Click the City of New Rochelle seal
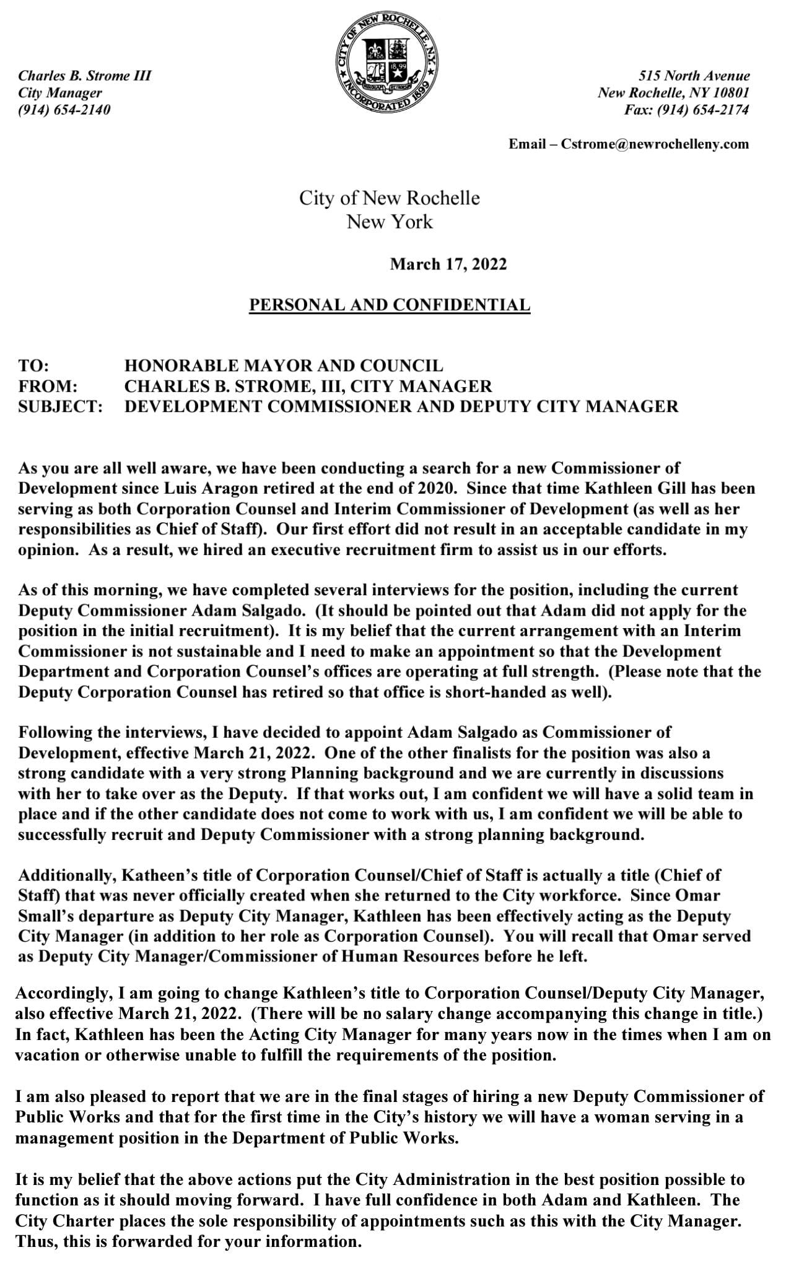tap(389, 59)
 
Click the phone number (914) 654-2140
tap(64, 110)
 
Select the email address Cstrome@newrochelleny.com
tap(655, 144)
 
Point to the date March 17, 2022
tap(448, 265)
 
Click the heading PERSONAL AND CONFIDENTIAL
tap(389, 305)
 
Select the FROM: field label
tap(48, 386)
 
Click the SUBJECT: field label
tap(60, 406)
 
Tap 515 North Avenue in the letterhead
tap(694, 76)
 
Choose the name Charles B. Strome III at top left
tap(84, 76)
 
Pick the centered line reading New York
tap(389, 222)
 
